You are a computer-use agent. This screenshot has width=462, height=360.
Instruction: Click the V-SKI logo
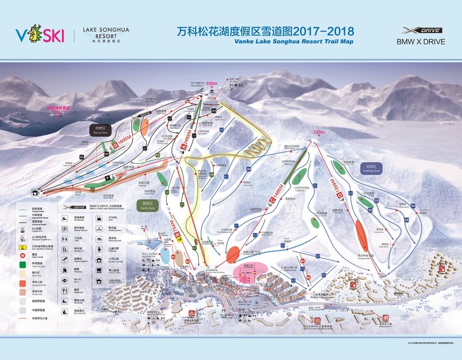click(39, 35)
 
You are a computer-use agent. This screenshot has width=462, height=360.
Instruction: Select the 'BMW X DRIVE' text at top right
click(421, 42)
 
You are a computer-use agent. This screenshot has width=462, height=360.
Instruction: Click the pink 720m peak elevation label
click(318, 132)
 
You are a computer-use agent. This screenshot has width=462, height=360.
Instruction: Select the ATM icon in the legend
click(118, 219)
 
